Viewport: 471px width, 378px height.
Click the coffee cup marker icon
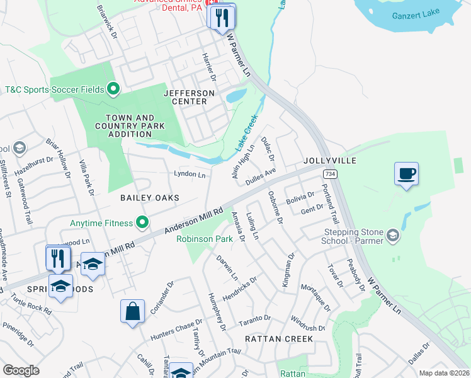pyautogui.click(x=406, y=173)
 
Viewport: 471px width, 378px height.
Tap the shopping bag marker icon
pyautogui.click(x=132, y=311)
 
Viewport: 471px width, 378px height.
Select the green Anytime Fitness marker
pyautogui.click(x=143, y=222)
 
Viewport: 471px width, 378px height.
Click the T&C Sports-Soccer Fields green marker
pyautogui.click(x=113, y=89)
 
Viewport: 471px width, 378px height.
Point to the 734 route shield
pyautogui.click(x=329, y=173)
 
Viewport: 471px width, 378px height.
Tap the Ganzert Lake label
pyautogui.click(x=420, y=15)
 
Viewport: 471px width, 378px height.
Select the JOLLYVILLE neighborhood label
pyautogui.click(x=329, y=161)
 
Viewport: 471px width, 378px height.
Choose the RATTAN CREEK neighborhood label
pyautogui.click(x=278, y=339)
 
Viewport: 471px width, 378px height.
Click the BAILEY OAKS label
pyautogui.click(x=150, y=198)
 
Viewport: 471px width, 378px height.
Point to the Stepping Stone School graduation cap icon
pyautogui.click(x=394, y=236)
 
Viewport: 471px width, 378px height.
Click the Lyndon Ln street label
pyautogui.click(x=190, y=174)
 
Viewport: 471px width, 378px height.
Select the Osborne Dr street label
pyautogui.click(x=276, y=207)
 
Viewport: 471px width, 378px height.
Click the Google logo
pyautogui.click(x=21, y=370)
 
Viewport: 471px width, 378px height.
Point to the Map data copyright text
pyautogui.click(x=444, y=373)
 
